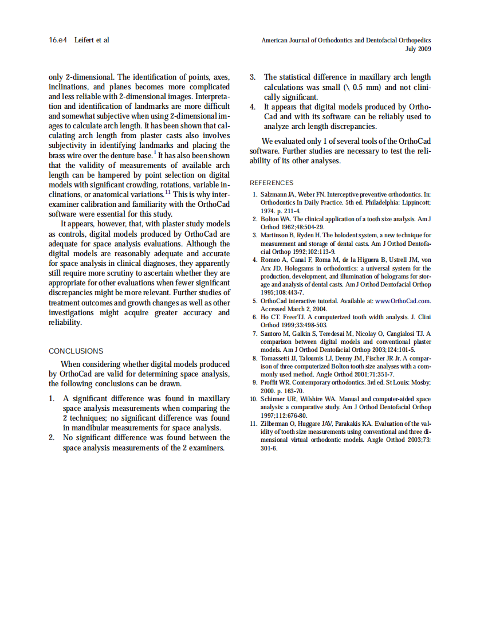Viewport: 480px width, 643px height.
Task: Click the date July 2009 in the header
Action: tap(418, 49)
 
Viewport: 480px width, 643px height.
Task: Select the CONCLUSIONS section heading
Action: tap(76, 351)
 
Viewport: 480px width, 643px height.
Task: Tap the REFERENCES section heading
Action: tap(272, 183)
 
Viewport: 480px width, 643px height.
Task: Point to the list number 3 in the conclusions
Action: tap(253, 77)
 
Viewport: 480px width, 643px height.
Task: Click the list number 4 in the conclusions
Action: tap(253, 107)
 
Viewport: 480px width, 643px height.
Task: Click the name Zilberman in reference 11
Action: tap(274, 424)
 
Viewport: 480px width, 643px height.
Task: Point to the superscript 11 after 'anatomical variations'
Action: tap(168, 192)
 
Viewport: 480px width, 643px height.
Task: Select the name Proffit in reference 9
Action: tap(269, 382)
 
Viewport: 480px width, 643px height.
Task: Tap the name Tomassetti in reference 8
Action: tap(277, 358)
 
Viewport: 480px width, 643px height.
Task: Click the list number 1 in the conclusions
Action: tap(51, 398)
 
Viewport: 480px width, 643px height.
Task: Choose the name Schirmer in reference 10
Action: tap(274, 399)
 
